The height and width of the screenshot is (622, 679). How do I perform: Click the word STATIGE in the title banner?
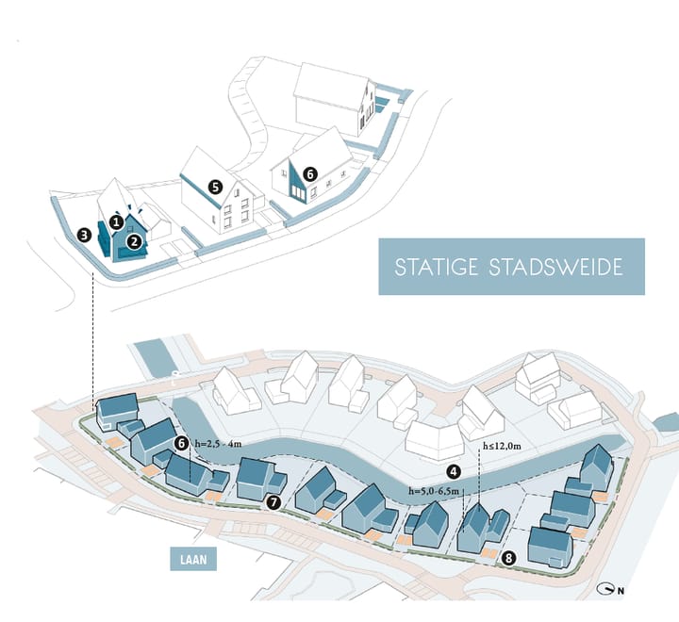tap(437, 267)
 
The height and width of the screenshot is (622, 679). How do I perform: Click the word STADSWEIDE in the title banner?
tap(556, 267)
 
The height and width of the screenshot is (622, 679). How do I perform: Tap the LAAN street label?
tap(193, 560)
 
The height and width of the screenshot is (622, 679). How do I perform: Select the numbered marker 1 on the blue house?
tap(116, 222)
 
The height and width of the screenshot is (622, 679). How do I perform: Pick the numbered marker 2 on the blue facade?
tap(134, 241)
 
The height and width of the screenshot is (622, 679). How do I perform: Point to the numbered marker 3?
tap(85, 236)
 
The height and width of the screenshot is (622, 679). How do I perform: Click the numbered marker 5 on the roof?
tap(215, 187)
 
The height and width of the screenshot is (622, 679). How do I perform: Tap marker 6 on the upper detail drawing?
tap(310, 174)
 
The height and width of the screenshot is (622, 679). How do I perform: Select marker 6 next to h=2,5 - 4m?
tap(181, 443)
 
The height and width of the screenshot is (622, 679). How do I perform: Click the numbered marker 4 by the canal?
tap(454, 471)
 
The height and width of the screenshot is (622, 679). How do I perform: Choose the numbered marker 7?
tap(273, 502)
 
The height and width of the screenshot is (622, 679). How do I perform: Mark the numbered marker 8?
tap(508, 558)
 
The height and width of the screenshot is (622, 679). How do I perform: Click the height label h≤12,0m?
tap(502, 446)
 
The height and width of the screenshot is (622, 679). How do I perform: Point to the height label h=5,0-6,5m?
tap(434, 491)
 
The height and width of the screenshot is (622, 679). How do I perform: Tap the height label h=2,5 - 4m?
tap(218, 444)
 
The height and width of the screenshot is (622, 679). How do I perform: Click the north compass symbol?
tap(606, 589)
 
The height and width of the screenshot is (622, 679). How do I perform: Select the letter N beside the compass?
tap(621, 591)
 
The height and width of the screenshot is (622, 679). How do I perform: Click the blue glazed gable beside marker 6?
tap(298, 183)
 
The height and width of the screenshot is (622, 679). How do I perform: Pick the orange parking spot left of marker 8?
tap(489, 553)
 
